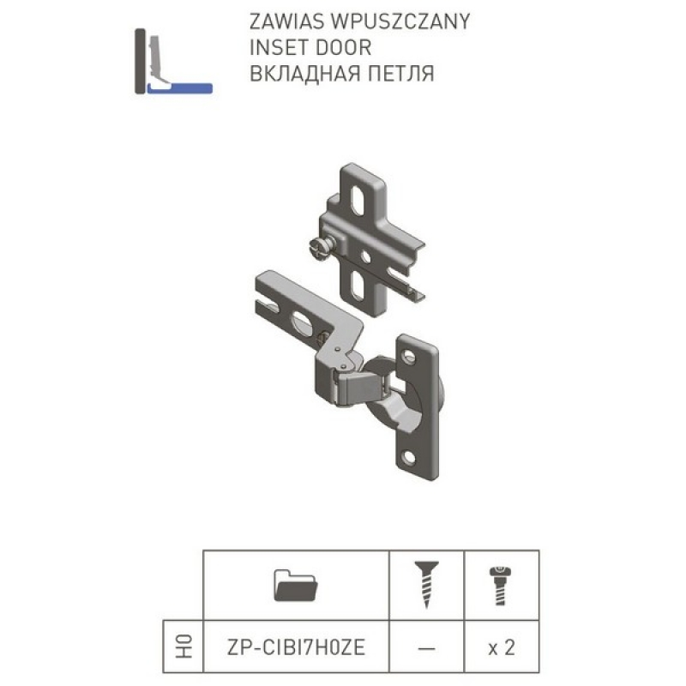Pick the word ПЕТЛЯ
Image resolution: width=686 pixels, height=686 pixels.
400,74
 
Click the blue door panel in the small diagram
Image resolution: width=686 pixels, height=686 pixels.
180,88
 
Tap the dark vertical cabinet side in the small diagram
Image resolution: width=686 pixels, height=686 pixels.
140,61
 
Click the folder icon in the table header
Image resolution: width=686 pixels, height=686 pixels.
296,585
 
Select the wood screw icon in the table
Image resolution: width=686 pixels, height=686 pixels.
426,585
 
